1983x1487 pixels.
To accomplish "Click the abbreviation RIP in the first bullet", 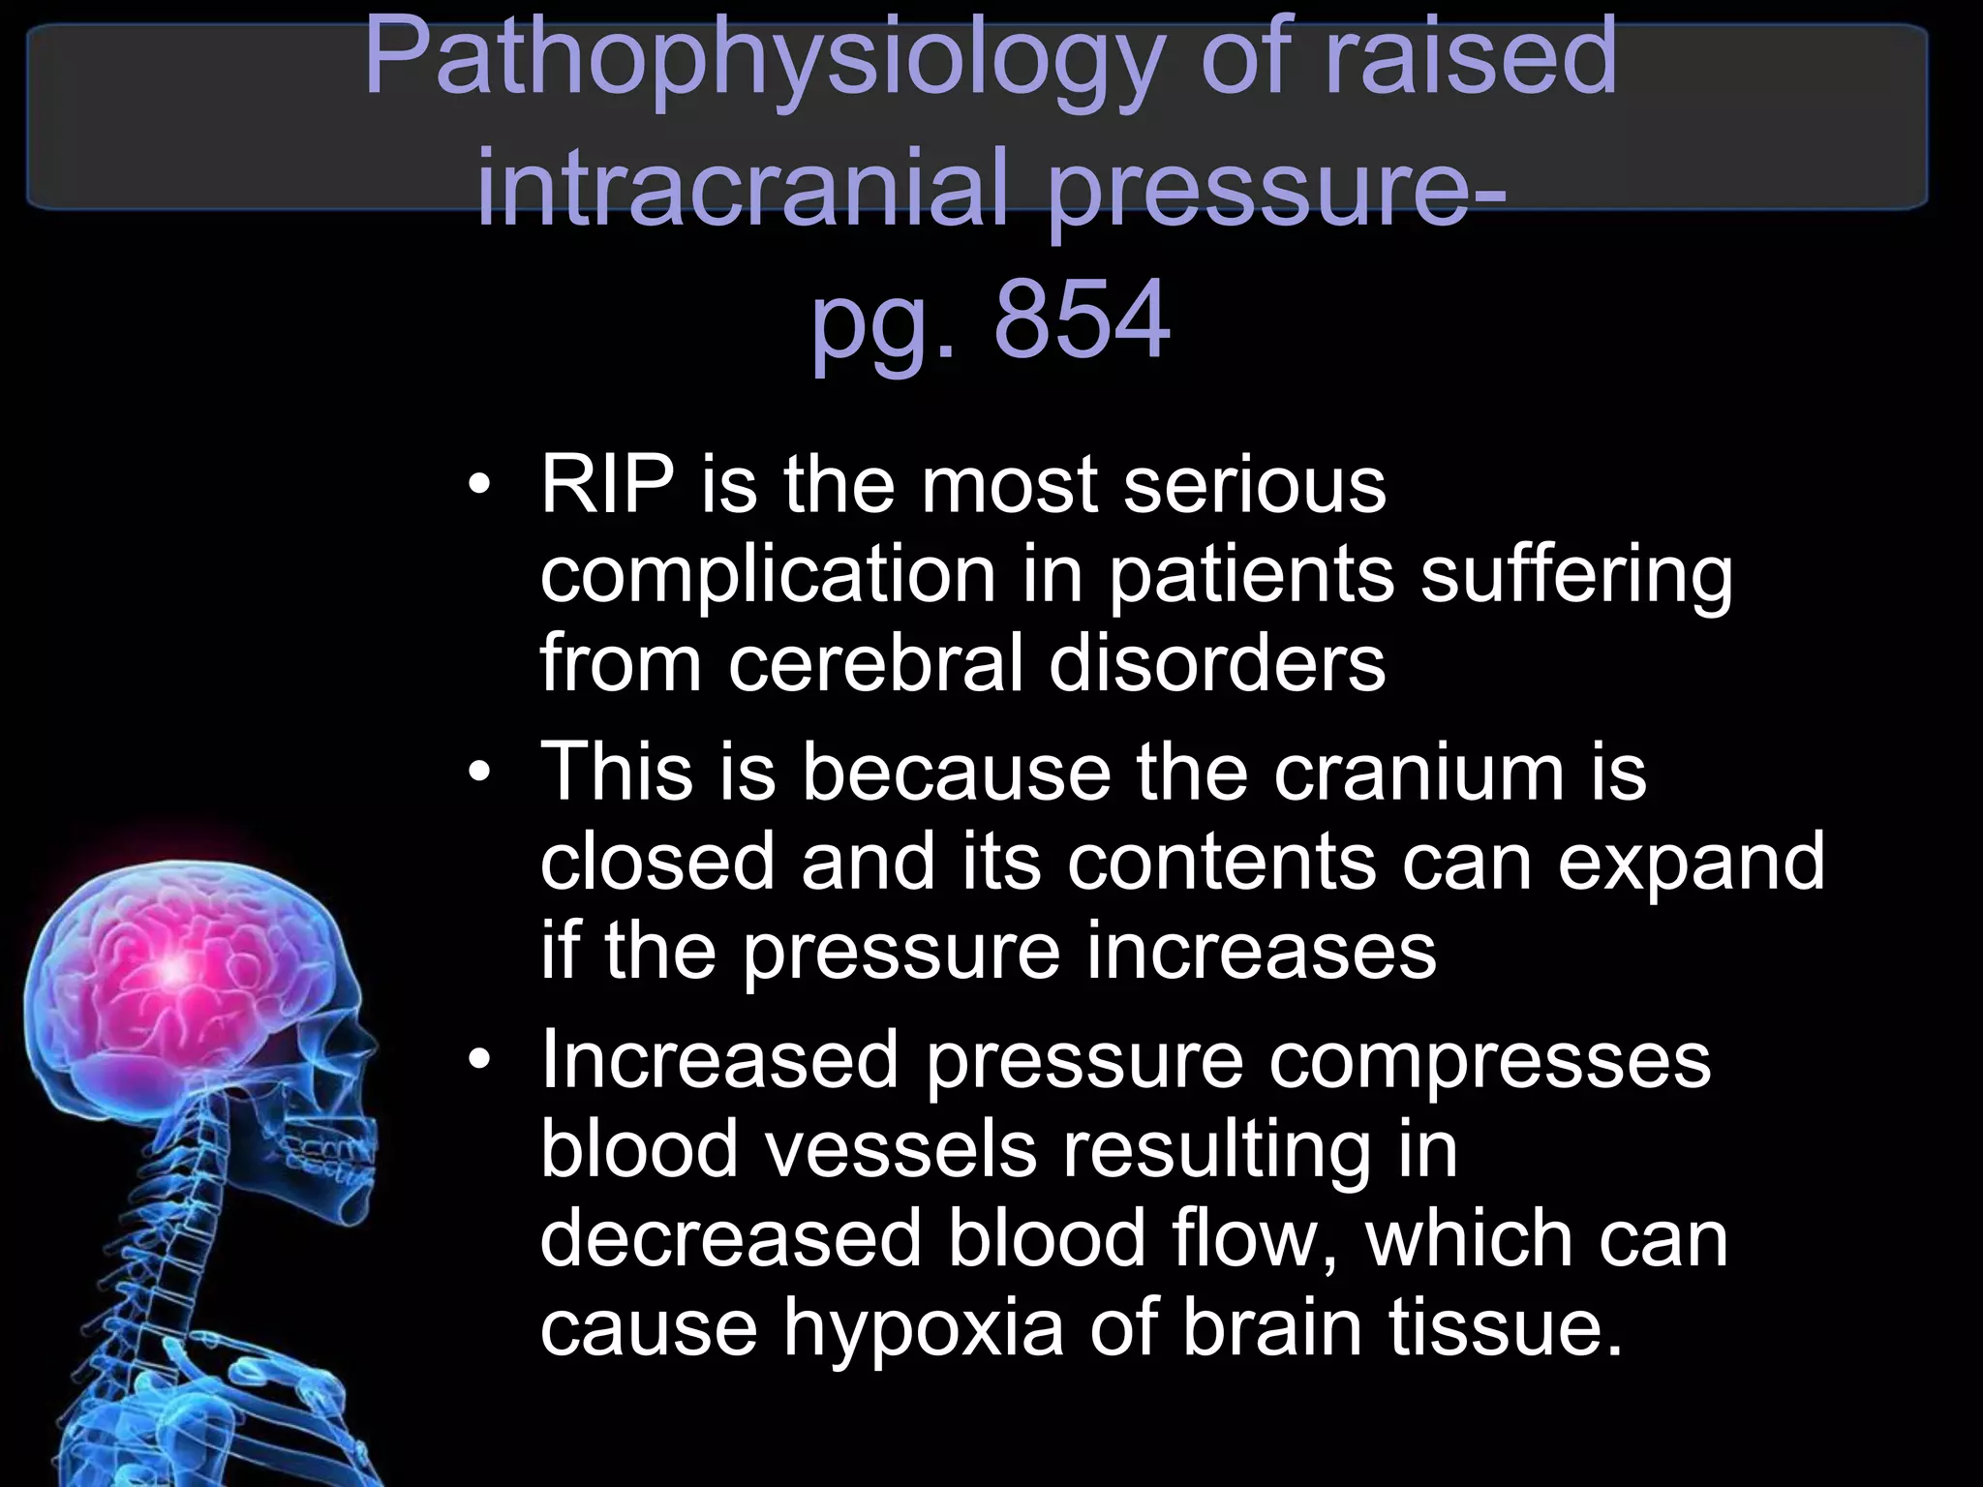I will tap(607, 484).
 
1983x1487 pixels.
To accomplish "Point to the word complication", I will tap(768, 575).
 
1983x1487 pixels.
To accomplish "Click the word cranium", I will tap(1419, 773).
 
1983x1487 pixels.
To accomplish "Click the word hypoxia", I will tap(924, 1328).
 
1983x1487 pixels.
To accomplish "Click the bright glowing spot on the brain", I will tap(174, 968).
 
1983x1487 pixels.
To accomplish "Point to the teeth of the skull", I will tap(334, 1157).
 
